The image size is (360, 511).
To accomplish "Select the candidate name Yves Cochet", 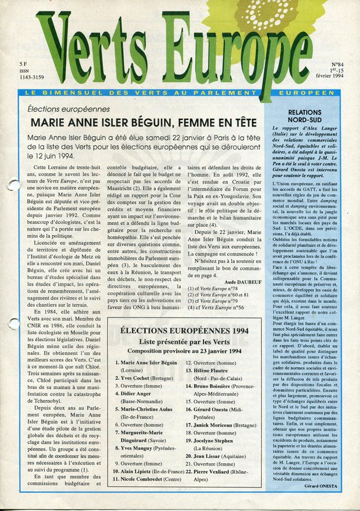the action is [x=134, y=379].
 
